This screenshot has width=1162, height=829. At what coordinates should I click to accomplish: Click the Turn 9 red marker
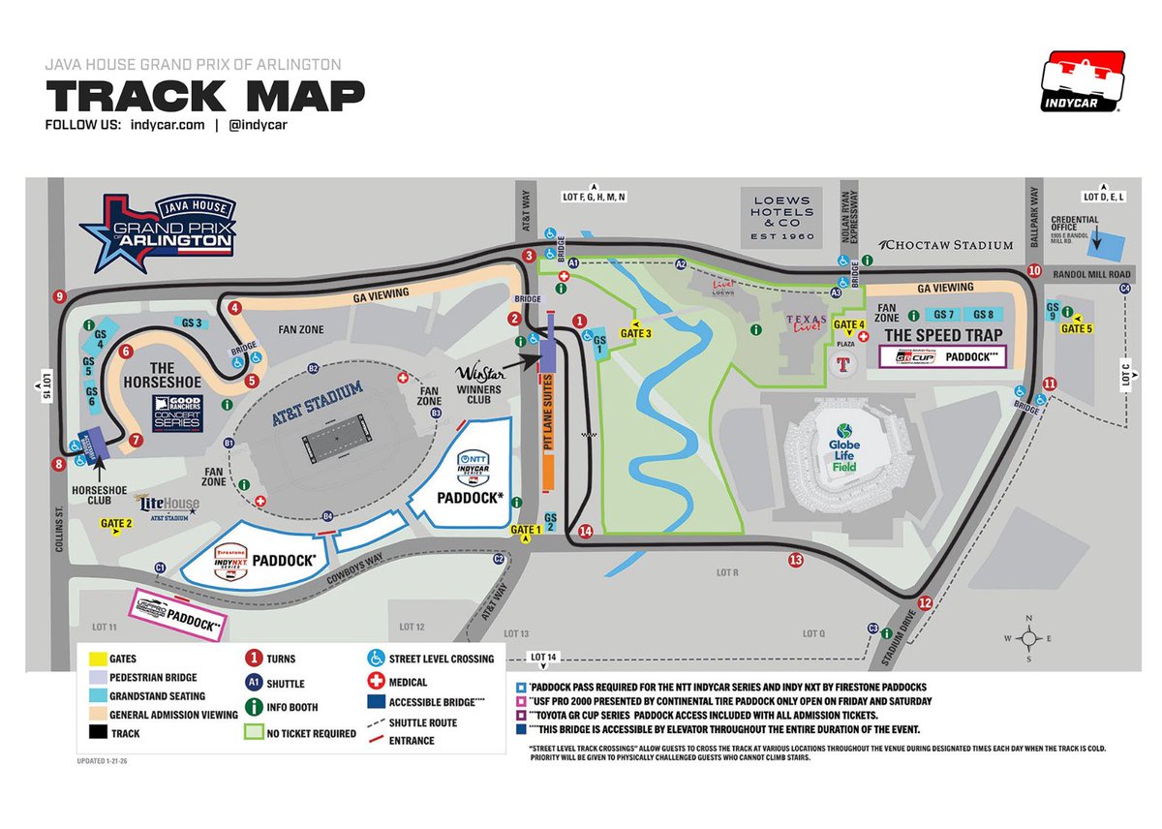60,296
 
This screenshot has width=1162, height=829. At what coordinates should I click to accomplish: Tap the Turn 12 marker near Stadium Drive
925,602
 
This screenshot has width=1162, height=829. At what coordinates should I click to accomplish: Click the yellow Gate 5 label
1077,328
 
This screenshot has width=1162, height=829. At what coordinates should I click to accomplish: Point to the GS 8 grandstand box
984,315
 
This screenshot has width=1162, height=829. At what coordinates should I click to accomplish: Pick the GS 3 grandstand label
191,322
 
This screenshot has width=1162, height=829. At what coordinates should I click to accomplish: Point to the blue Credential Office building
1111,246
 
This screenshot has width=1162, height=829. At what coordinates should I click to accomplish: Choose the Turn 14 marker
584,531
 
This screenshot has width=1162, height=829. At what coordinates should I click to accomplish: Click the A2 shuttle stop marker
681,263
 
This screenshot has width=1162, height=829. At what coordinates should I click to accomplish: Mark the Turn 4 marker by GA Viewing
234,308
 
